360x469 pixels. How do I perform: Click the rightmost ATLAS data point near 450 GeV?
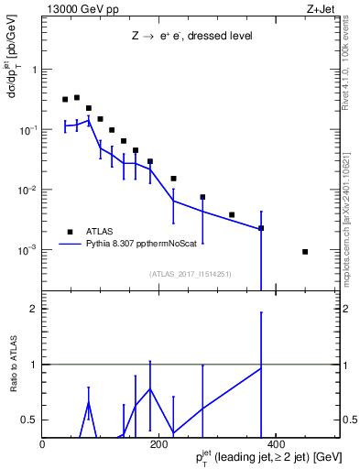point(305,252)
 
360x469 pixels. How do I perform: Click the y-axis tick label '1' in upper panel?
point(37,70)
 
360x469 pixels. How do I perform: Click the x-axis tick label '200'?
point(158,444)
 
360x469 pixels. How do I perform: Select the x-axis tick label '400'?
point(275,444)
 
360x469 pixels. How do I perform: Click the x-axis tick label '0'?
point(43,444)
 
